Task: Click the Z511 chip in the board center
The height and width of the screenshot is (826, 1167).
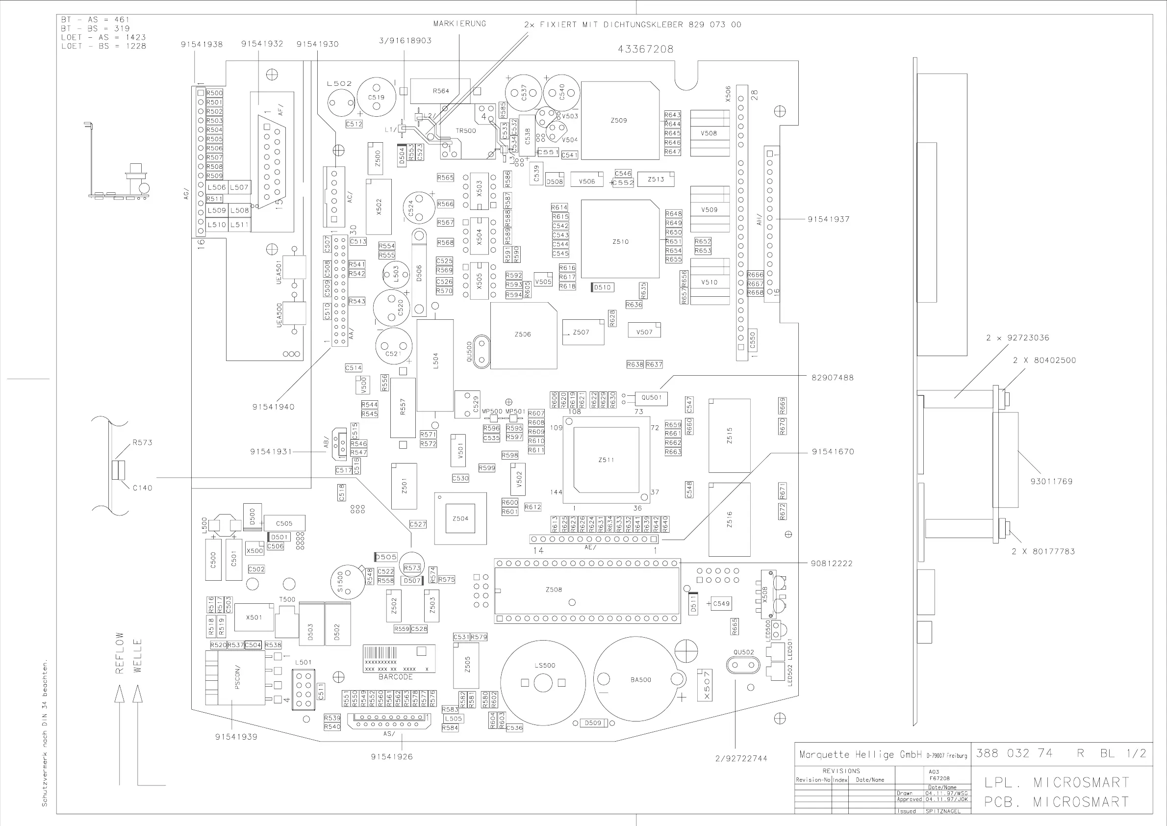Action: [x=606, y=460]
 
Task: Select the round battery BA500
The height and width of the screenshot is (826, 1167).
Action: [x=640, y=679]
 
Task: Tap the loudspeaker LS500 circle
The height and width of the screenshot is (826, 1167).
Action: [x=543, y=682]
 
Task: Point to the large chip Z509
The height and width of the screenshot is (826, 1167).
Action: [x=620, y=121]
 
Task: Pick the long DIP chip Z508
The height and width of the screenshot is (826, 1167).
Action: [x=587, y=591]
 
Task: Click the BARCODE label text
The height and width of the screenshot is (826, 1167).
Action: [x=396, y=677]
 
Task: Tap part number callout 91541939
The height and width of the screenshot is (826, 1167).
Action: [x=236, y=736]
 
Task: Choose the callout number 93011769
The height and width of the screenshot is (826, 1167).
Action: [x=1051, y=481]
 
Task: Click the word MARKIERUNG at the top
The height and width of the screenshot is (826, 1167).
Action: [x=459, y=24]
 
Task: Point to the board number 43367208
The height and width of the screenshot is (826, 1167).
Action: [x=645, y=50]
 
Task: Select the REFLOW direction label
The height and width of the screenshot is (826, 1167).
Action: [x=120, y=653]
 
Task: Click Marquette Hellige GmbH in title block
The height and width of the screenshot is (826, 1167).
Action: [x=860, y=755]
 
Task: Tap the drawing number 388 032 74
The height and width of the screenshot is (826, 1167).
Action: [x=1014, y=753]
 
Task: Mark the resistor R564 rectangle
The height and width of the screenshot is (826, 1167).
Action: [x=440, y=91]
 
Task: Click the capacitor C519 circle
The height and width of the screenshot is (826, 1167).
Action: [x=376, y=97]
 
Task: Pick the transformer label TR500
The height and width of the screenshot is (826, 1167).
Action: [x=466, y=130]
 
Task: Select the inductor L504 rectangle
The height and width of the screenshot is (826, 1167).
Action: [x=435, y=365]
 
